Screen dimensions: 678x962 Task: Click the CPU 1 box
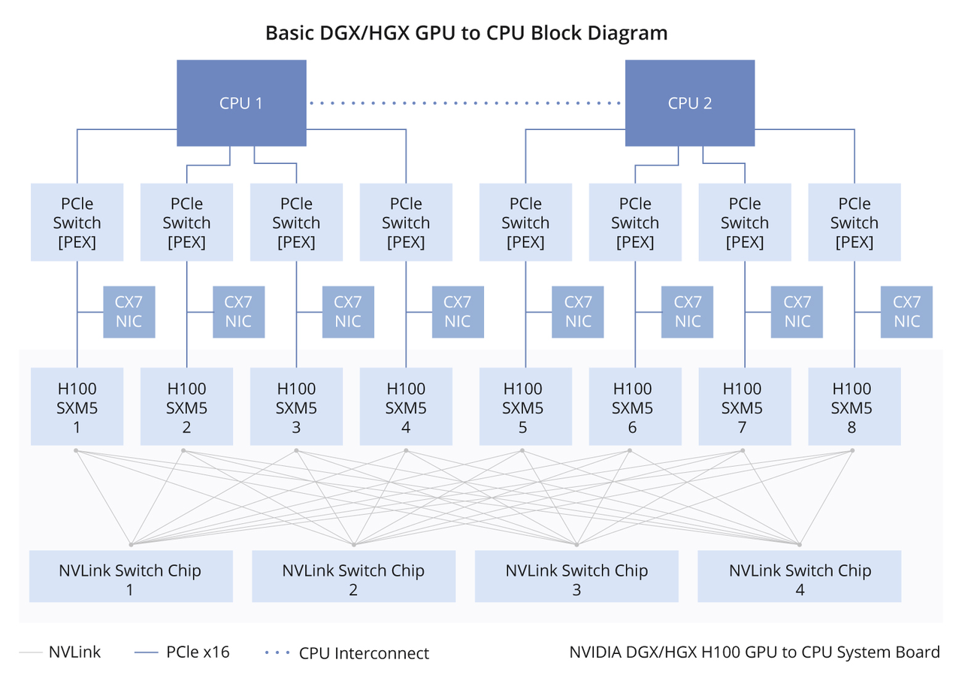[x=241, y=103]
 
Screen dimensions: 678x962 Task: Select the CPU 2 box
[x=689, y=103]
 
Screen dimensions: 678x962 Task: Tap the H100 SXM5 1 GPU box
[x=77, y=407]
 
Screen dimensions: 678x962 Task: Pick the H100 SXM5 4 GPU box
[x=406, y=407]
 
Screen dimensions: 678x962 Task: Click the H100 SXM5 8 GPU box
[x=854, y=407]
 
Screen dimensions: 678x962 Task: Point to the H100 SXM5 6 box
[x=634, y=407]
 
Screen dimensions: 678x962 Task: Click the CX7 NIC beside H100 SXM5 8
[x=906, y=312]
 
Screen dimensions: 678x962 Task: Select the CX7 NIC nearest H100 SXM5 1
[x=129, y=312]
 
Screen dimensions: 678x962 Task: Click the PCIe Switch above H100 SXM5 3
[x=296, y=222]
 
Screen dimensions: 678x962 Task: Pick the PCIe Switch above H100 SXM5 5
[x=525, y=222]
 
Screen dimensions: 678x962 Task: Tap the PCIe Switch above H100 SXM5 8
[x=854, y=222]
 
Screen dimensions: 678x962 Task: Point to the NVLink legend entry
[x=74, y=652]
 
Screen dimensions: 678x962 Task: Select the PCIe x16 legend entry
[x=197, y=652]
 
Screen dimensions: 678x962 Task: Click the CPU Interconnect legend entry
[x=364, y=653]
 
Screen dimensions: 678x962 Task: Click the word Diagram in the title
[x=628, y=33]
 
